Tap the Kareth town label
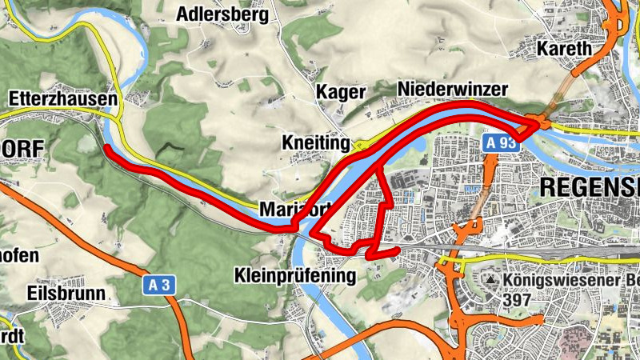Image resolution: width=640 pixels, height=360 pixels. pyautogui.click(x=565, y=48)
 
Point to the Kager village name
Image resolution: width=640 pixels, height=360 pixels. pyautogui.click(x=341, y=92)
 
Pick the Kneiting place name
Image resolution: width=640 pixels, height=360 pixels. pyautogui.click(x=317, y=142)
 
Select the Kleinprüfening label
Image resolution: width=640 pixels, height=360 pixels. pyautogui.click(x=294, y=276)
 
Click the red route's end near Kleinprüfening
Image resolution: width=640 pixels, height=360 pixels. pyautogui.click(x=397, y=251)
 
